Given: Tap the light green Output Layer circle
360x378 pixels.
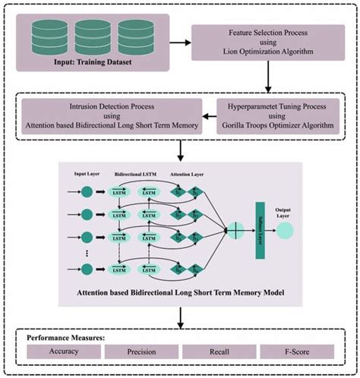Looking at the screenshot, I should coord(286,228).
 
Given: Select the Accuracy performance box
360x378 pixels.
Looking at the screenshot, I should coord(62,351).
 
